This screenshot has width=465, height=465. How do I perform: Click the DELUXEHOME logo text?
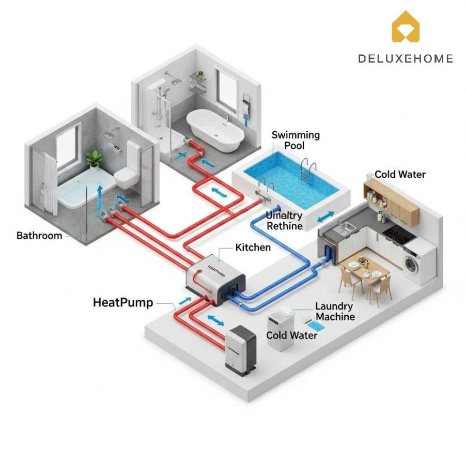[405, 58]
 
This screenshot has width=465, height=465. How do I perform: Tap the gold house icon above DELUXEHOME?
[406, 27]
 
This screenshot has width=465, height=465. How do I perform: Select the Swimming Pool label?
[296, 140]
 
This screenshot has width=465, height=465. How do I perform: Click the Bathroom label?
[39, 236]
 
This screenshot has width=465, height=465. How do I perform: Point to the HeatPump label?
[123, 302]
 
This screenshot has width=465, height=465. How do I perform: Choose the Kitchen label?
[253, 247]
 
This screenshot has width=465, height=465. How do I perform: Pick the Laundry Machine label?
[335, 312]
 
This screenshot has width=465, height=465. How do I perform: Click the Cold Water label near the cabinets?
[400, 174]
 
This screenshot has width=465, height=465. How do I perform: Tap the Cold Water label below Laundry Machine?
[291, 335]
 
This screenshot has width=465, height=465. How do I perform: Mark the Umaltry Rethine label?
[284, 220]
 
